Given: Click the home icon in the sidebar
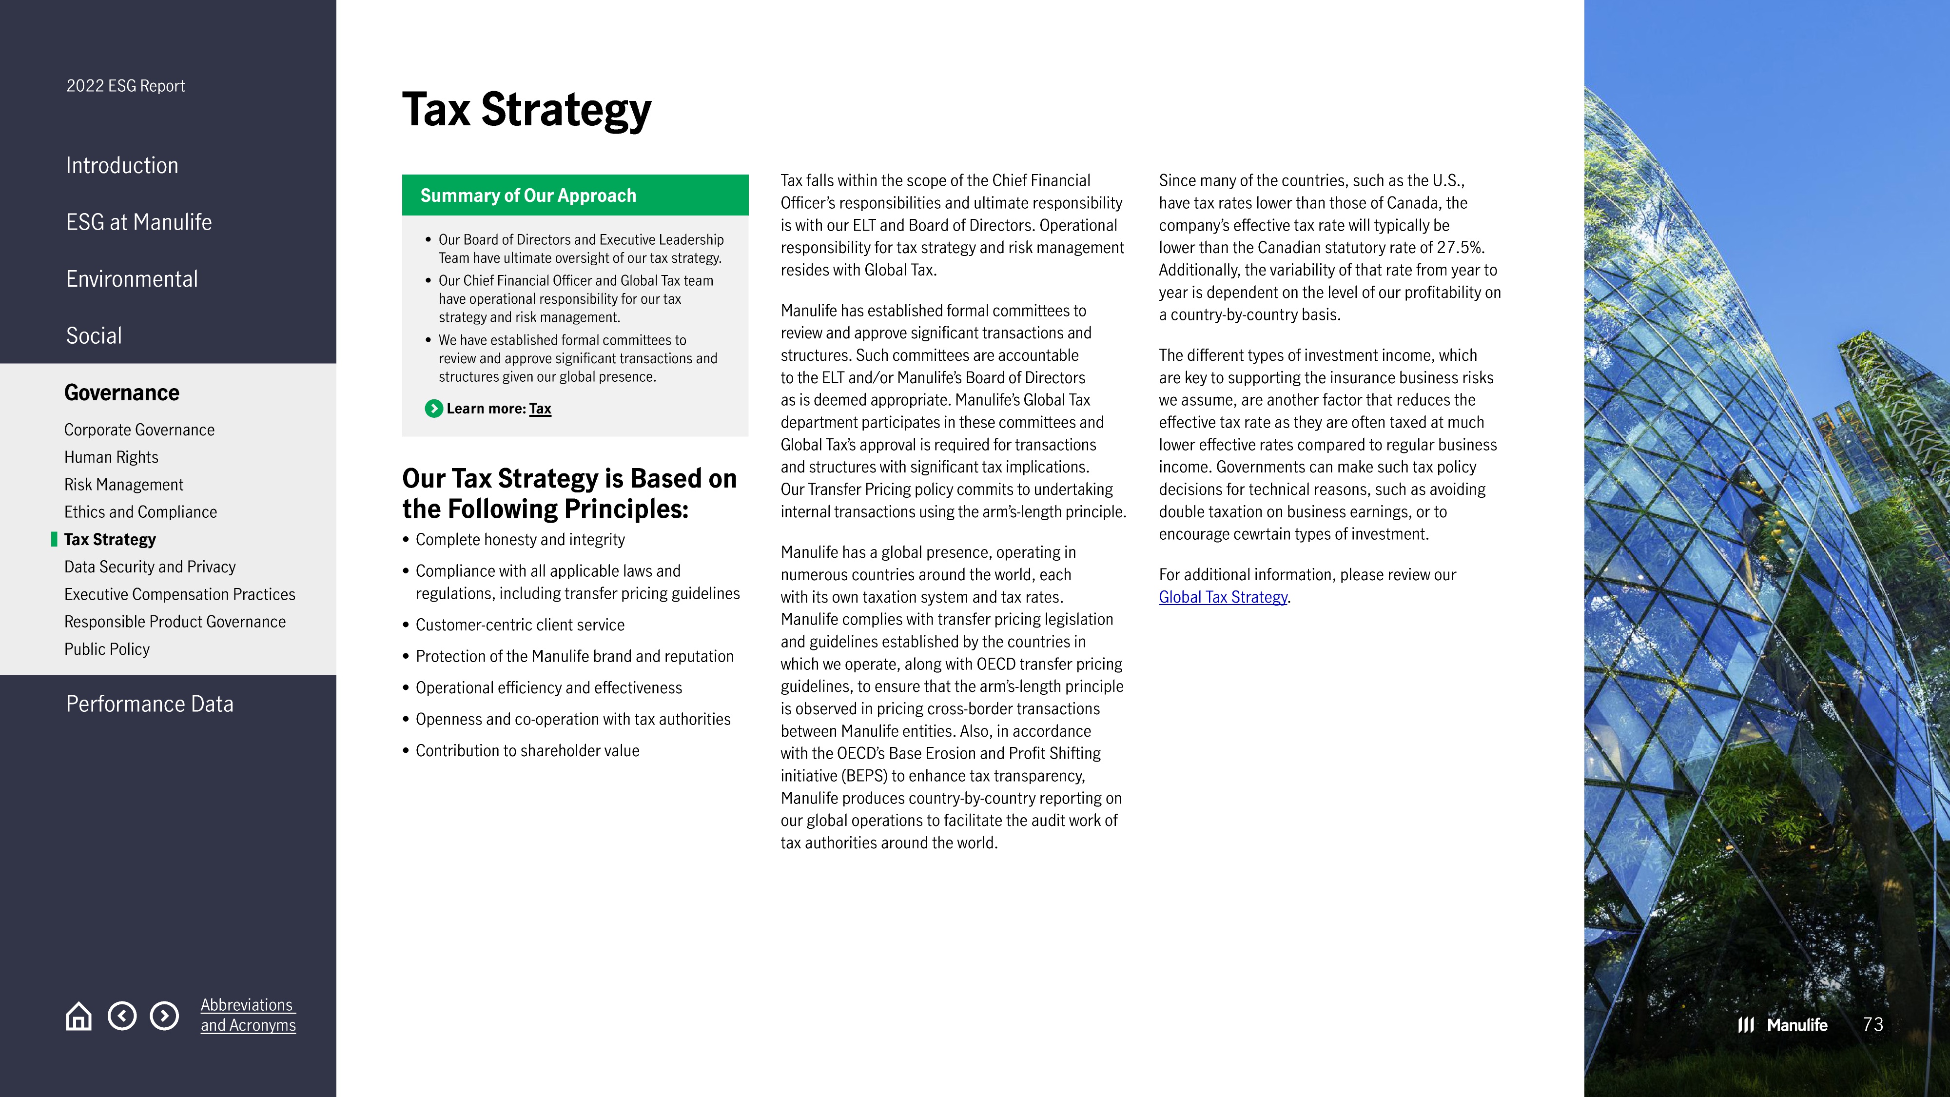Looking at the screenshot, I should coord(78,1016).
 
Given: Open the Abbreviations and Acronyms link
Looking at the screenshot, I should coord(248,1015).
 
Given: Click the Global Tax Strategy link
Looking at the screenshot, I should coord(1223,597).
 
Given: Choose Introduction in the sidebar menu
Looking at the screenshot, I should coord(122,165).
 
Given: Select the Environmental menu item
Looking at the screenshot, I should coord(132,278).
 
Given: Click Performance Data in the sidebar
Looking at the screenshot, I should coord(149,704).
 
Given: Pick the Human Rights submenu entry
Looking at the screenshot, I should coord(111,457).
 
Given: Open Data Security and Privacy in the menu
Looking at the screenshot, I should coord(150,567).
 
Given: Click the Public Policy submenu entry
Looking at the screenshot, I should coord(107,649).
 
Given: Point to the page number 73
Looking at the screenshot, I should coord(1873,1025).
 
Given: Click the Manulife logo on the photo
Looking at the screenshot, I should coord(1783,1025).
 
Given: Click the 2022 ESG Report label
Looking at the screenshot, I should coord(126,85).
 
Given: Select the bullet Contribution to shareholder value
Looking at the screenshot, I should coord(527,751).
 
